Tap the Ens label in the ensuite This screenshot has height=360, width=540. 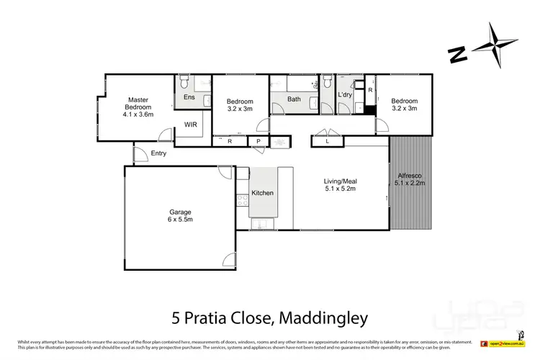tap(189, 96)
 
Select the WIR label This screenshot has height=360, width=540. tap(191, 125)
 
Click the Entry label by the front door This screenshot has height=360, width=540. tap(158, 153)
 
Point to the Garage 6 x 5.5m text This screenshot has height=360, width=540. tap(180, 215)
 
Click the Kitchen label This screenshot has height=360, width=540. tap(262, 194)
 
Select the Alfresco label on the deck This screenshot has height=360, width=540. tap(411, 179)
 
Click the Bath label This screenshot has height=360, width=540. tap(294, 99)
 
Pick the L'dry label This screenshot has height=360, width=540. tap(345, 96)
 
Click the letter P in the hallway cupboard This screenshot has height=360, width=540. tap(258, 142)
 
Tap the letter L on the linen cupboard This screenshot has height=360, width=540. tap(328, 142)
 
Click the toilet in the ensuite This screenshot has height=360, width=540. tap(185, 79)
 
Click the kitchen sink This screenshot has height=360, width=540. tap(259, 224)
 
